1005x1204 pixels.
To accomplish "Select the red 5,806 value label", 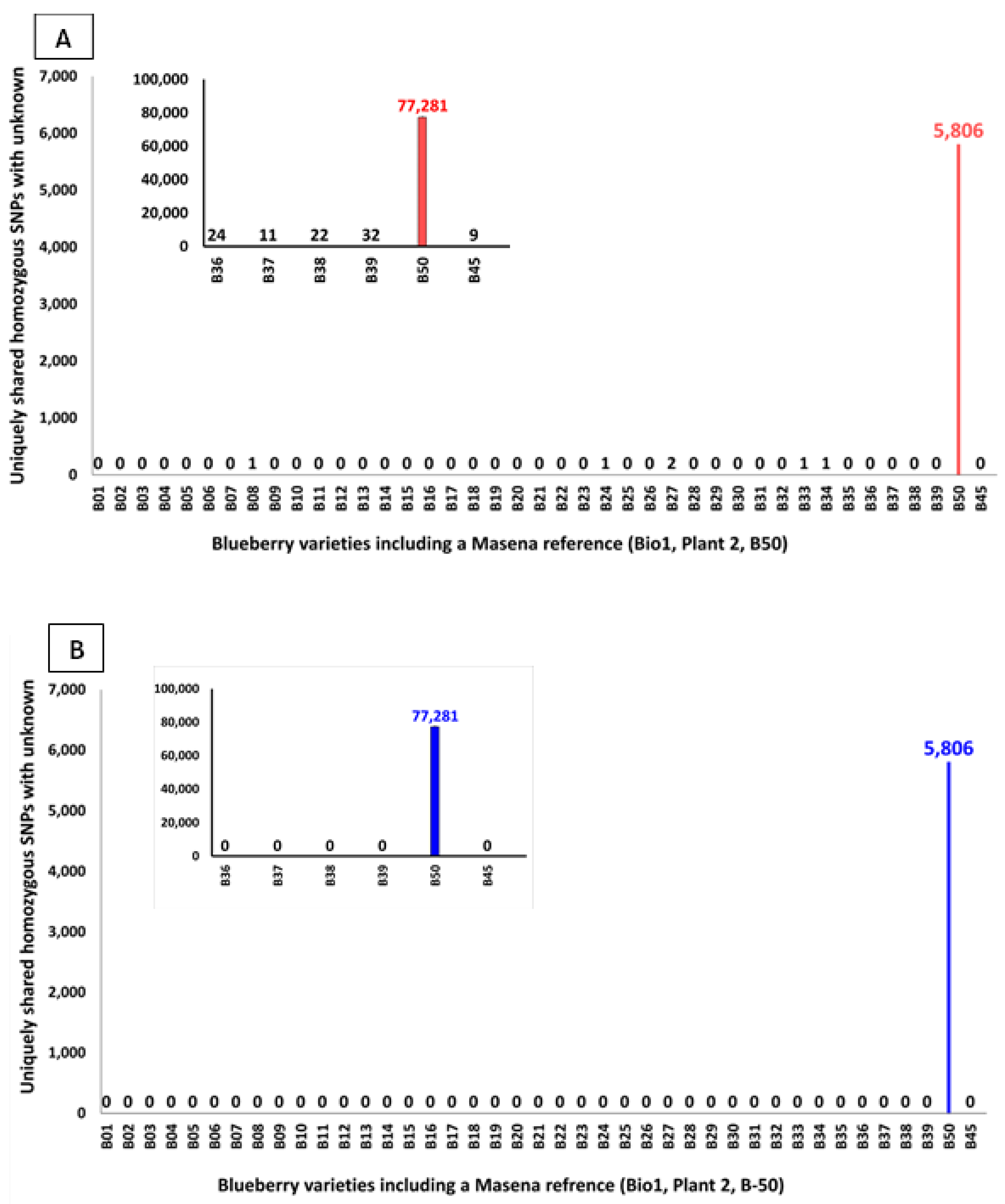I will [958, 131].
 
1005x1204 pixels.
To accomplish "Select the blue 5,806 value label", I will [948, 748].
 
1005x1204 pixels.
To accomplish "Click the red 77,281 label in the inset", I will [422, 106].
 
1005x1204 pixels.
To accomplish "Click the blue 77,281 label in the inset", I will [435, 716].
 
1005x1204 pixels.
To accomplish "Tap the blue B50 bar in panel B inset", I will [435, 791].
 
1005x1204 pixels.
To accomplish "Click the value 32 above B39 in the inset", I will [371, 235].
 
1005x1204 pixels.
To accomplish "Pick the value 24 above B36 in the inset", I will [217, 235].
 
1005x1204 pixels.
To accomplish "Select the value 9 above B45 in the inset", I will [473, 235].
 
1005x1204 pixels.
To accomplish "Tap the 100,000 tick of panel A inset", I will [160, 79].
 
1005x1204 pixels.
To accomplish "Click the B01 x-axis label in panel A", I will [98, 498].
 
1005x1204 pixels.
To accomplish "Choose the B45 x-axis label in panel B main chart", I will [970, 1136].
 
